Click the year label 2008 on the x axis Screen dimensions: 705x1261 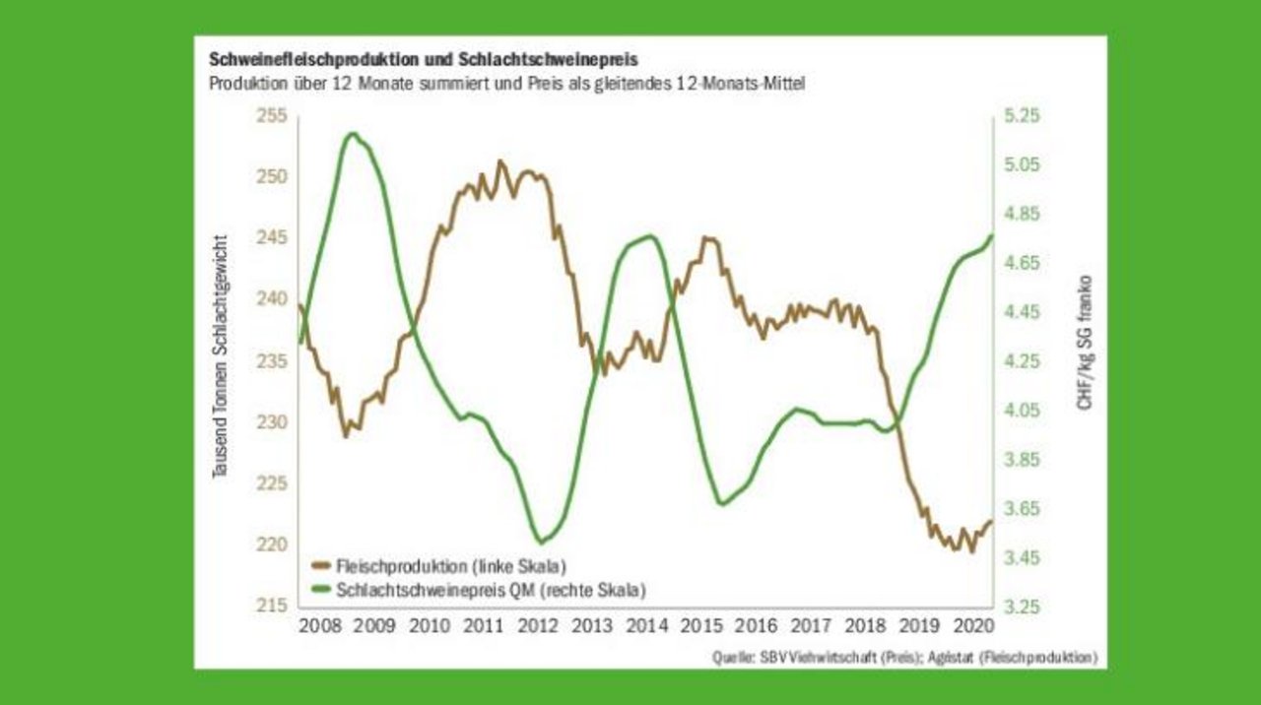coord(319,625)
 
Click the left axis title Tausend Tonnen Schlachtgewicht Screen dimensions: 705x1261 coord(221,356)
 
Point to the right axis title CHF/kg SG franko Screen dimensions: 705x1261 coord(1085,342)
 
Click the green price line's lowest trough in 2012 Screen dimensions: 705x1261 coord(542,541)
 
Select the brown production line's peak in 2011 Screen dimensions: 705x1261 coord(499,161)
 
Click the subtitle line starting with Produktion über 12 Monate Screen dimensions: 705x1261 coord(507,84)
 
